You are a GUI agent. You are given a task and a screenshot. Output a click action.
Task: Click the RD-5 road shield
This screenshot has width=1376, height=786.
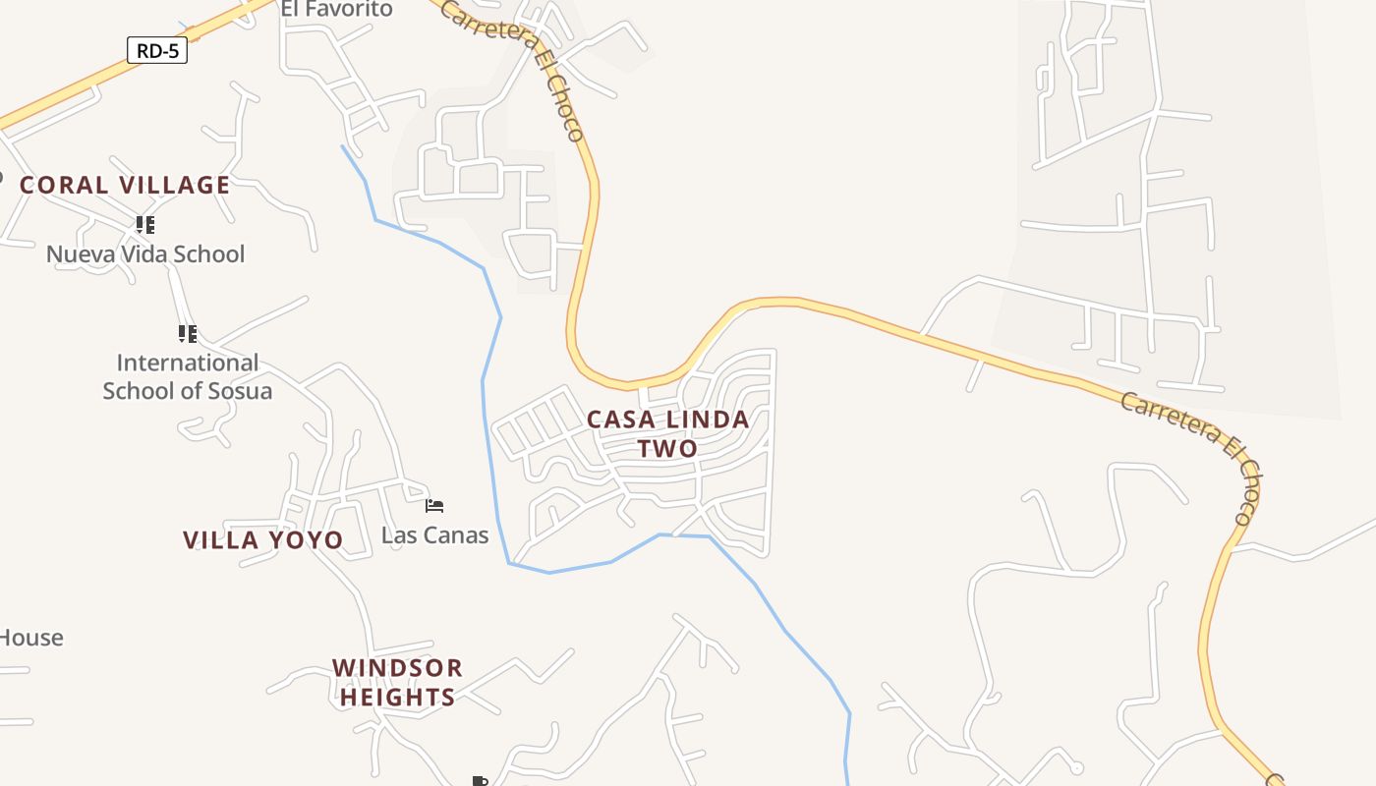[157, 50]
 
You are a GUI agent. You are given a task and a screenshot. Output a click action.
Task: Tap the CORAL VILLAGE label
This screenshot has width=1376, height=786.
[125, 185]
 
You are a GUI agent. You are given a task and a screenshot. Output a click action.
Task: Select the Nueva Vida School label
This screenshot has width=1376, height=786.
[145, 254]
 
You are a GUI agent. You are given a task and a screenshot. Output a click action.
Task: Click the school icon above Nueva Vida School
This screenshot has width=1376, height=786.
[145, 225]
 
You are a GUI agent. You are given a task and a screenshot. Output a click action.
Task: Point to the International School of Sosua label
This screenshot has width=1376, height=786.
[187, 376]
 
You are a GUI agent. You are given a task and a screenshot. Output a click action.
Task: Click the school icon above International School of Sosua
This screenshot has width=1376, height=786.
[187, 333]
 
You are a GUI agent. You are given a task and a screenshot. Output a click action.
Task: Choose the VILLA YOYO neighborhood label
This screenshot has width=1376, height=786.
[262, 539]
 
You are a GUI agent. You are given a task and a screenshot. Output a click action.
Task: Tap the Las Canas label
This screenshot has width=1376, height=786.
[434, 535]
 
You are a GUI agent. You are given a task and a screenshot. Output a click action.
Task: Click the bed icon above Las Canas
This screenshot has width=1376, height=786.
[434, 506]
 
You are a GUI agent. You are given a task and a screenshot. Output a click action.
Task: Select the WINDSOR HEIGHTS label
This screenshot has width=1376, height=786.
[397, 682]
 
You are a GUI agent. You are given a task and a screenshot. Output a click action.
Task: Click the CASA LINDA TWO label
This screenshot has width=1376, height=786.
[668, 433]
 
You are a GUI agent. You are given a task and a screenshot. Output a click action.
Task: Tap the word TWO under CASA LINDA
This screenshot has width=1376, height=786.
[668, 449]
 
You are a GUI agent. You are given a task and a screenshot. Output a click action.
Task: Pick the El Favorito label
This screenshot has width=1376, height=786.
[336, 10]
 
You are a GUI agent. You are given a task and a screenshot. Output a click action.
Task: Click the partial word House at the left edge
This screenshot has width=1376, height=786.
[31, 638]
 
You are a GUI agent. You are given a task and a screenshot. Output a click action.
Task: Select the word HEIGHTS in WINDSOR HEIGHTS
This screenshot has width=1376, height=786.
[397, 698]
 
